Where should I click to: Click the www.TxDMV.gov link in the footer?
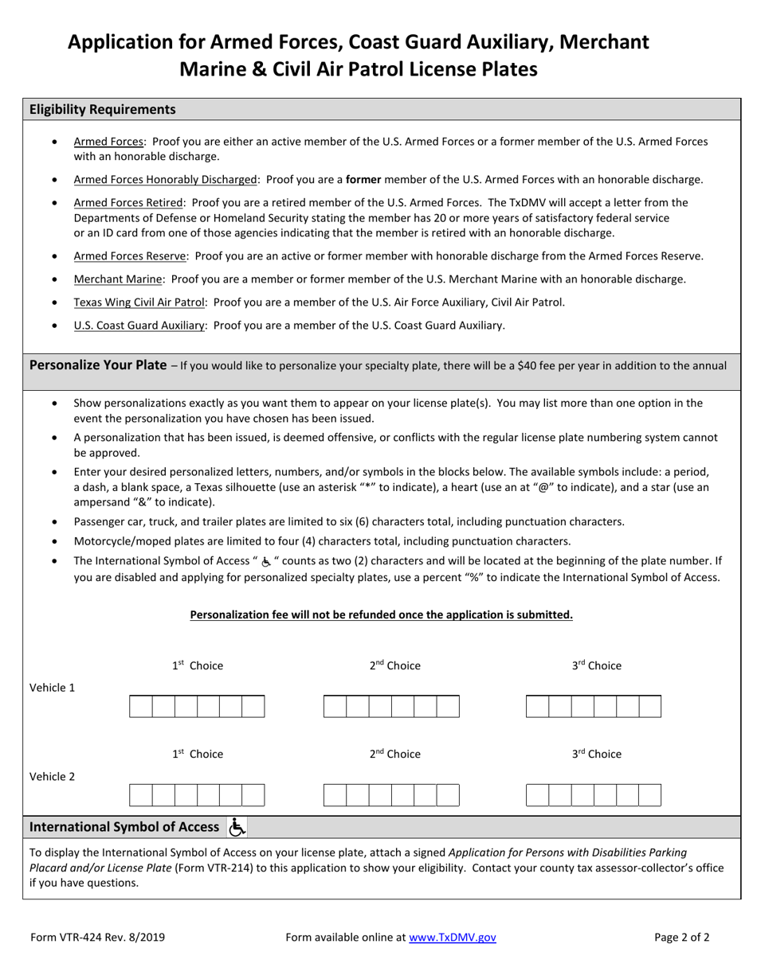point(452,938)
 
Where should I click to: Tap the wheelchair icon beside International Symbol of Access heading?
point(237,828)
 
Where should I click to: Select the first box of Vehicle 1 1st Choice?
point(140,707)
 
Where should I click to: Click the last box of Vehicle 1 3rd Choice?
point(649,707)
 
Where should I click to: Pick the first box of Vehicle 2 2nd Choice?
point(335,795)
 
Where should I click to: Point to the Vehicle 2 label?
point(53,777)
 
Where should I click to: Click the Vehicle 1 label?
point(53,688)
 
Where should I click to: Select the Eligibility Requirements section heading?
point(103,110)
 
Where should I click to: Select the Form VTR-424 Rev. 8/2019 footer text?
point(98,938)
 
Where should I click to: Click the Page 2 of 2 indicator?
point(681,938)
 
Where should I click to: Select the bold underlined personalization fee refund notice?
point(381,615)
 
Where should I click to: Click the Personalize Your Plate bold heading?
point(98,366)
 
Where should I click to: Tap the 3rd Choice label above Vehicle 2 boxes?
point(596,755)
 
